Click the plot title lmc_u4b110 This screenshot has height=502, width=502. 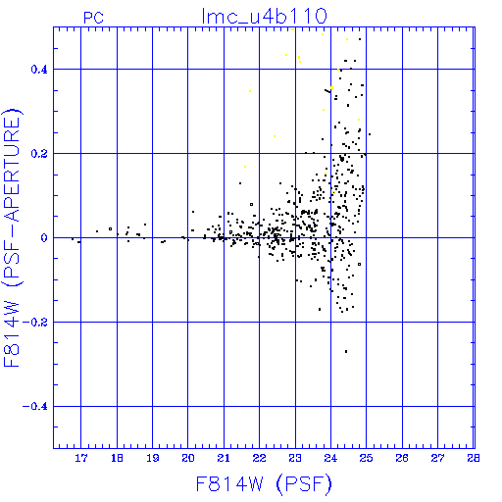(x=264, y=17)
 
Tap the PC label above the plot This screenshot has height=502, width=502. (x=93, y=18)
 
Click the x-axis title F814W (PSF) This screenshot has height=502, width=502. (x=264, y=484)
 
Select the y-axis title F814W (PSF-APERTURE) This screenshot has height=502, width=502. (x=12, y=237)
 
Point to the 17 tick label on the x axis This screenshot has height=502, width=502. (x=81, y=458)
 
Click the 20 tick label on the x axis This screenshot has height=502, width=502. (x=188, y=458)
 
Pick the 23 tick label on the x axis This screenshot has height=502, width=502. (x=295, y=458)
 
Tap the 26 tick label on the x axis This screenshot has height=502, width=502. (x=402, y=458)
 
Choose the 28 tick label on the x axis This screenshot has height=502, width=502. (x=474, y=458)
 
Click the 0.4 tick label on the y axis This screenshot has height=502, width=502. (x=39, y=70)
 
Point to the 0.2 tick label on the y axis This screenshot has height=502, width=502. (x=39, y=154)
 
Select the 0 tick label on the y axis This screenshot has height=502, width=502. (x=44, y=238)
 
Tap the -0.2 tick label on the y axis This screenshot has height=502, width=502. (x=35, y=323)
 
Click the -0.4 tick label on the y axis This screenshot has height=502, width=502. (x=35, y=407)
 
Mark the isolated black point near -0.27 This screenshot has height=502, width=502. (x=346, y=352)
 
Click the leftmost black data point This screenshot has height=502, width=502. (x=73, y=239)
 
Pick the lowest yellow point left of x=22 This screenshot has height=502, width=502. (x=245, y=167)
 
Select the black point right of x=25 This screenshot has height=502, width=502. (x=370, y=134)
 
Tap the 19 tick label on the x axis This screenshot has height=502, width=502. (x=152, y=458)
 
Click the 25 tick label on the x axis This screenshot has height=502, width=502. (x=367, y=458)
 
